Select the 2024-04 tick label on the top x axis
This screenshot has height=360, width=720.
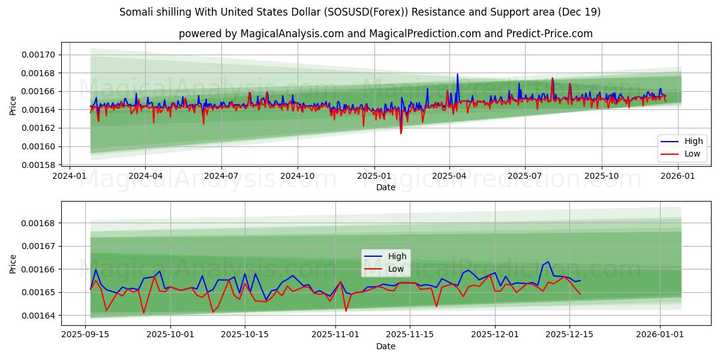(146, 176)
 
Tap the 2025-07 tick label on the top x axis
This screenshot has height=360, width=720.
(525, 176)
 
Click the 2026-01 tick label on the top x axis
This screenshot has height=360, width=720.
(677, 176)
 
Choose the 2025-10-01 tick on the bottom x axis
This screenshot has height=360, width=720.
(170, 334)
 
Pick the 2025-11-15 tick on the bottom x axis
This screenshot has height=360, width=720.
(410, 334)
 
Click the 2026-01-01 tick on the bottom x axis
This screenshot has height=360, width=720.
(660, 334)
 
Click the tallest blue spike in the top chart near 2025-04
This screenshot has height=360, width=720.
(457, 74)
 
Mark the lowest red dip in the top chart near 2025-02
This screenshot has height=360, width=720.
(401, 133)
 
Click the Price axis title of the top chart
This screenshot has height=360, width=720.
(13, 106)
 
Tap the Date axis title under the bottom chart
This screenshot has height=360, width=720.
(385, 346)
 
